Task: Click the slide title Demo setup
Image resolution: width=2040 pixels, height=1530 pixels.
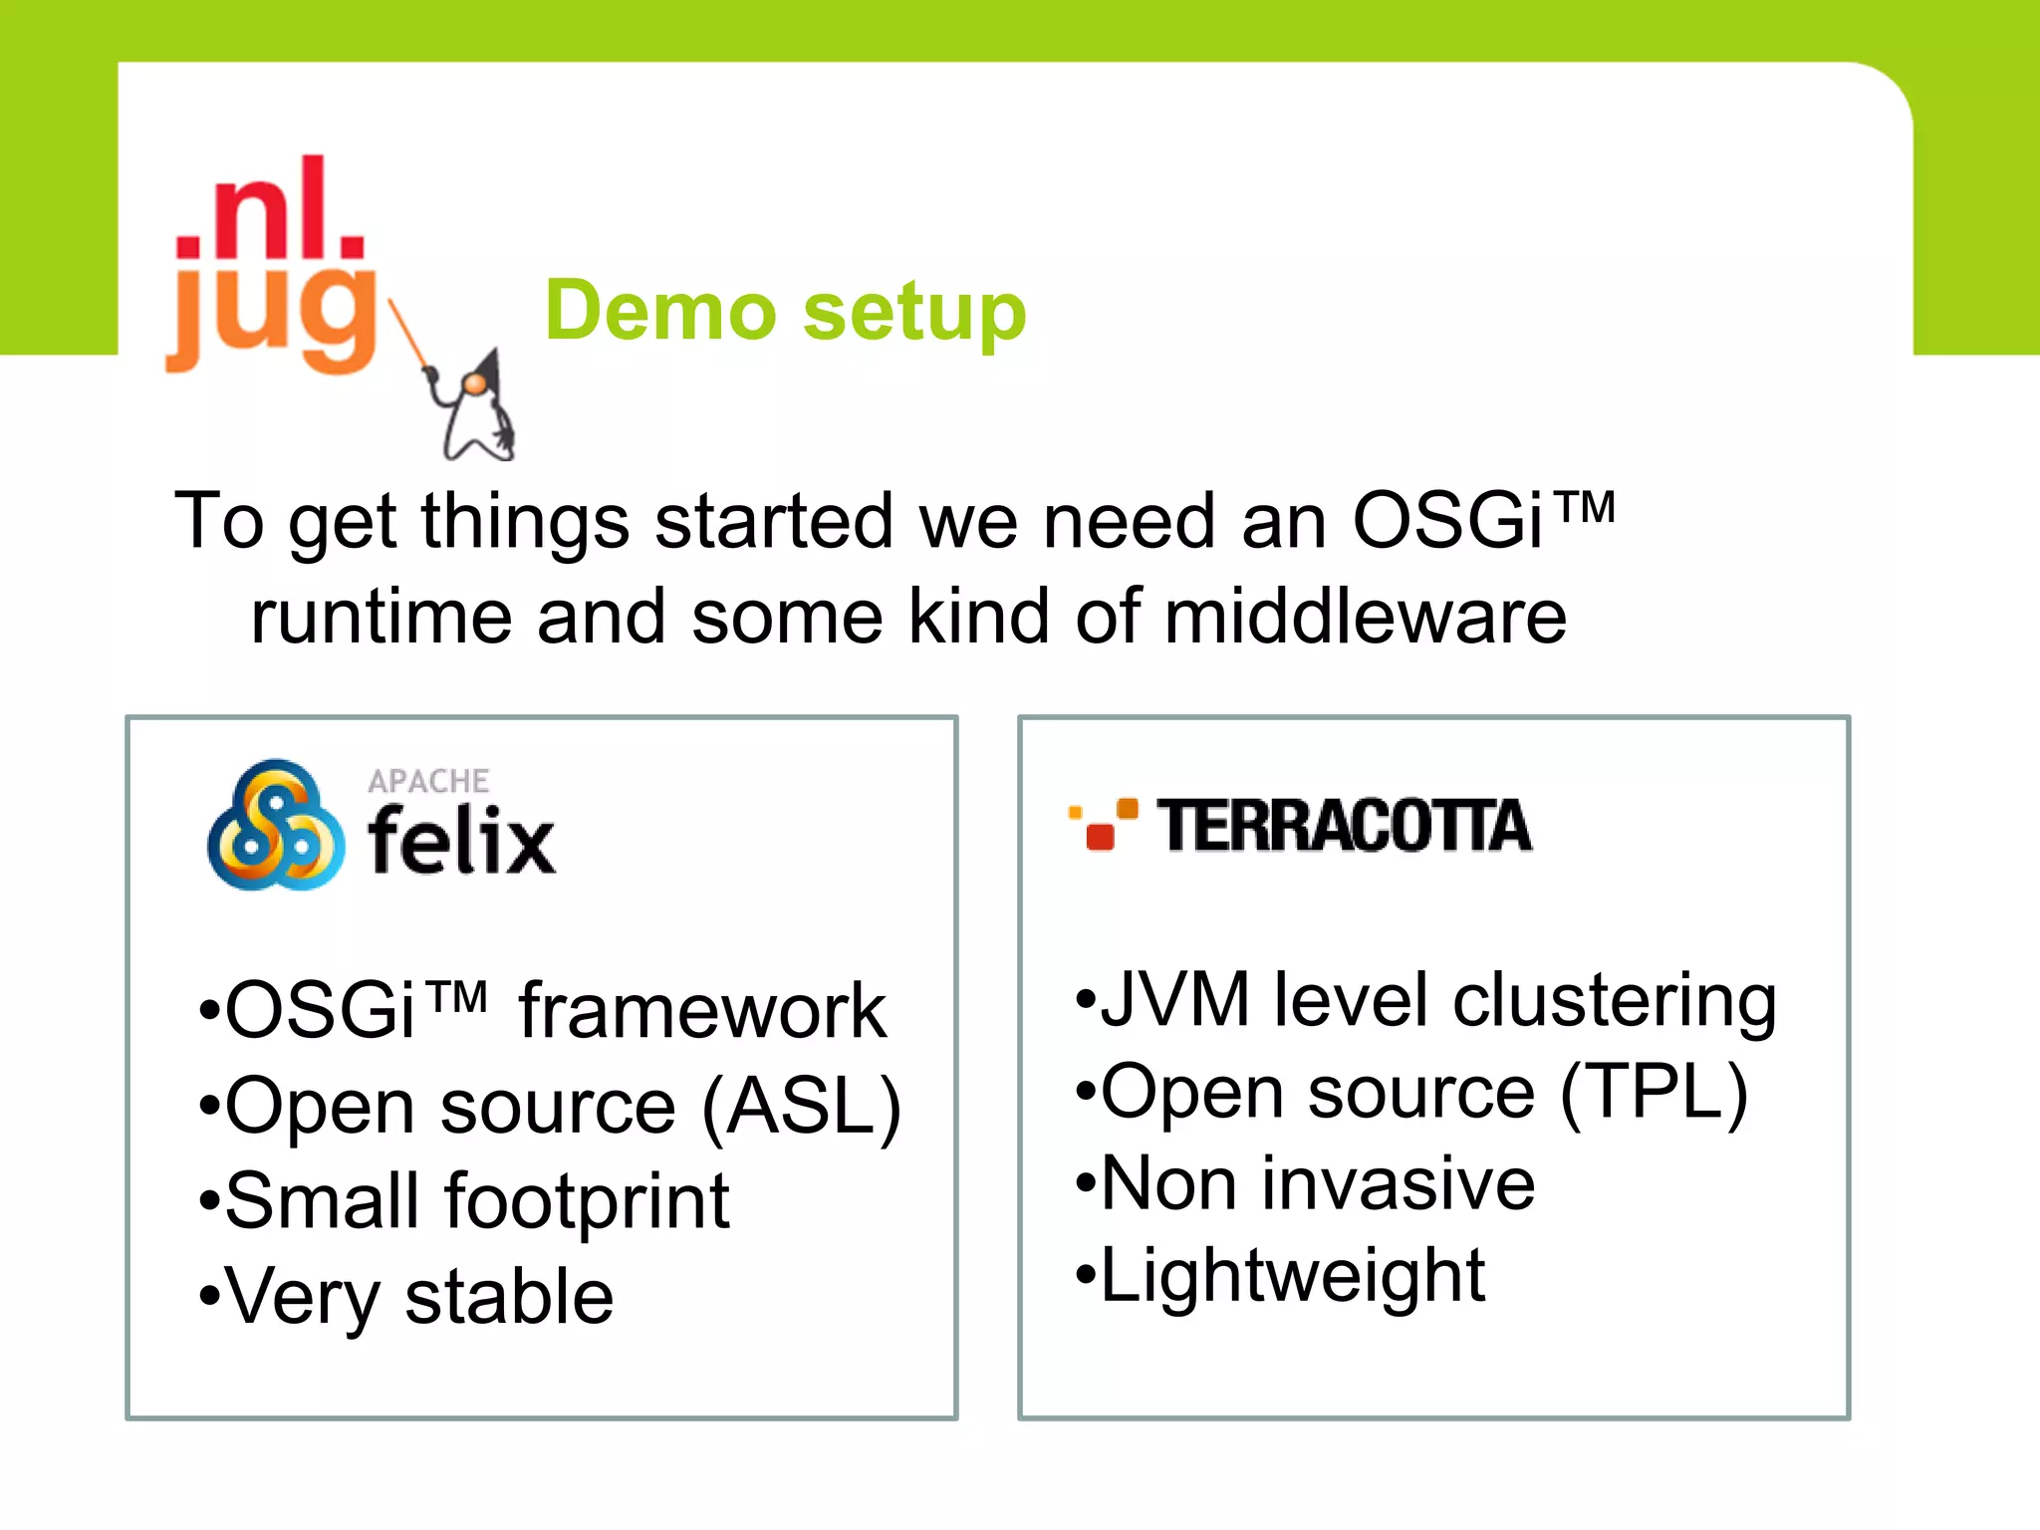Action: tap(785, 311)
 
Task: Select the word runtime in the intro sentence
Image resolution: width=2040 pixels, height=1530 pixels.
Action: tap(381, 617)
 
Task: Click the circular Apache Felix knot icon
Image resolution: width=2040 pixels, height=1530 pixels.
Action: tap(275, 826)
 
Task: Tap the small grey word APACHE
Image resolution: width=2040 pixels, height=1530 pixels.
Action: tap(428, 781)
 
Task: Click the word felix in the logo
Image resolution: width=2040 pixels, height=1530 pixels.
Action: tap(461, 842)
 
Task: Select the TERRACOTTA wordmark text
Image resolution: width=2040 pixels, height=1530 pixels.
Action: tap(1344, 827)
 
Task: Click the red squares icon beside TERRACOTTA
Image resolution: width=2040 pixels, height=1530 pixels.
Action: tap(1102, 825)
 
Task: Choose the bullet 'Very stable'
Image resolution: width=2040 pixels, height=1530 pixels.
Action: tap(418, 1297)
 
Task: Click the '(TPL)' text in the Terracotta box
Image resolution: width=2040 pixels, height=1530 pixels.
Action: tap(1654, 1094)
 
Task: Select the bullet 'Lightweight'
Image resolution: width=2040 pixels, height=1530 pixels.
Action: tap(1292, 1275)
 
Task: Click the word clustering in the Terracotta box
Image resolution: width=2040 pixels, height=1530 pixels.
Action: tap(1614, 1001)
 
